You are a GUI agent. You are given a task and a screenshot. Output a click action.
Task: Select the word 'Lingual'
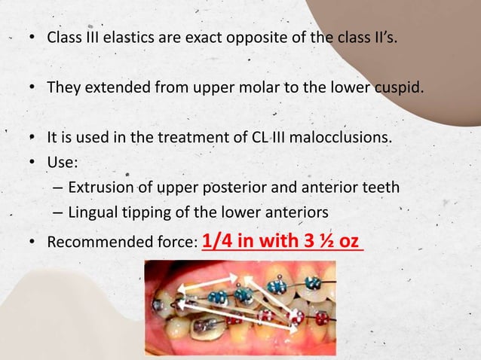coord(92,212)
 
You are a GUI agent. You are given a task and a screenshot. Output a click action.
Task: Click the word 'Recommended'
coord(94,243)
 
